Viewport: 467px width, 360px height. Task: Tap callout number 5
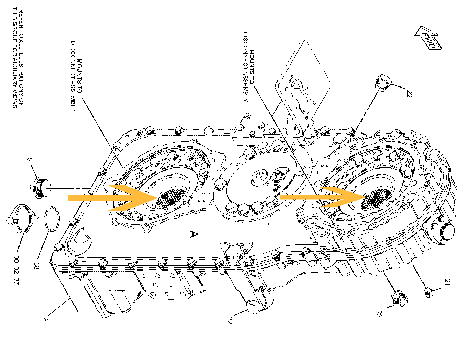coord(29,159)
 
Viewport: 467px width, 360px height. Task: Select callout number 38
coord(36,265)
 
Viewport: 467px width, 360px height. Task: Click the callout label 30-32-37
coord(16,270)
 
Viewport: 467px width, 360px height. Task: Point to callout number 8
coord(45,319)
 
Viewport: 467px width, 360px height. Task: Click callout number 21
coord(447,282)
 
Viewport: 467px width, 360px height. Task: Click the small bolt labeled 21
coord(428,292)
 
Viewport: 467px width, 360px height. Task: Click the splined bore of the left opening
coord(171,199)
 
